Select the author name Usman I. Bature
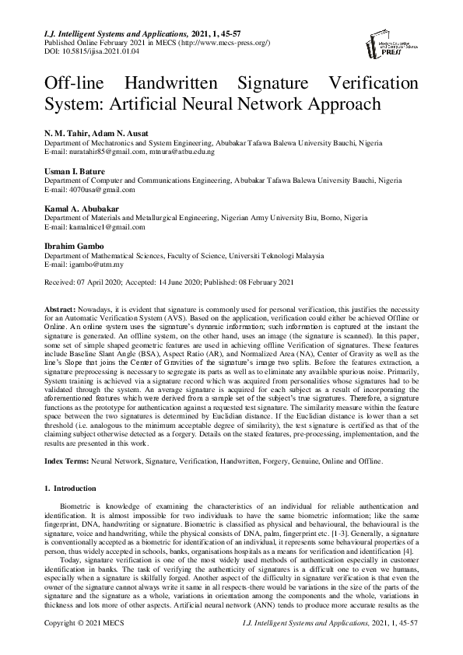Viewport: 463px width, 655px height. coord(75,171)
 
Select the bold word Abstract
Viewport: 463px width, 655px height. coord(61,309)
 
